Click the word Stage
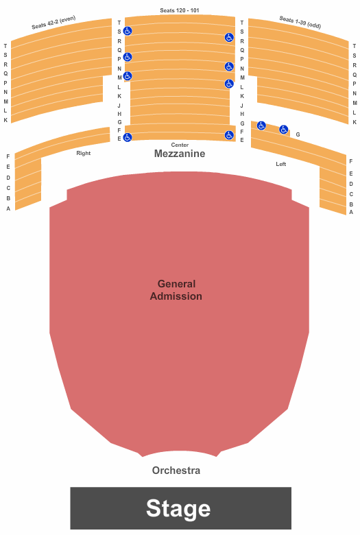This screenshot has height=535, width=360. [178, 508]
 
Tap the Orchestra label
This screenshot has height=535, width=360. [176, 471]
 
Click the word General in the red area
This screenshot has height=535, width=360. [176, 284]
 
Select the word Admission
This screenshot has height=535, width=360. [176, 296]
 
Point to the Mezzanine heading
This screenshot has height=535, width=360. [180, 154]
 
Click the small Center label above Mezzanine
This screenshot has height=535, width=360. [180, 145]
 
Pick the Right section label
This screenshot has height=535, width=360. [84, 153]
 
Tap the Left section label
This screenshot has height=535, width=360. [281, 164]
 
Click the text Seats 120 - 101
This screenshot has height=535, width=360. [180, 10]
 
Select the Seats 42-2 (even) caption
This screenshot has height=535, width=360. [53, 23]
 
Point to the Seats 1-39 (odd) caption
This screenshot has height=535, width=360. [300, 23]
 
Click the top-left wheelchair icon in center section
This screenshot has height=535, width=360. [128, 31]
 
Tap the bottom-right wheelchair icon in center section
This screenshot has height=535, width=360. [229, 135]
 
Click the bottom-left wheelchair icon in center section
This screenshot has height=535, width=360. [128, 137]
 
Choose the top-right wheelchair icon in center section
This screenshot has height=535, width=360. [229, 38]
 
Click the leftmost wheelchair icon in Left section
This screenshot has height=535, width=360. [261, 126]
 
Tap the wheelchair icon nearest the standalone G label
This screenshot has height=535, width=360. [284, 130]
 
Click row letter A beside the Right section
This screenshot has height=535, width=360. [8, 209]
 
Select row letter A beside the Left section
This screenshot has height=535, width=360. [351, 212]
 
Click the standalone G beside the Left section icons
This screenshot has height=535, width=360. [298, 134]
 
